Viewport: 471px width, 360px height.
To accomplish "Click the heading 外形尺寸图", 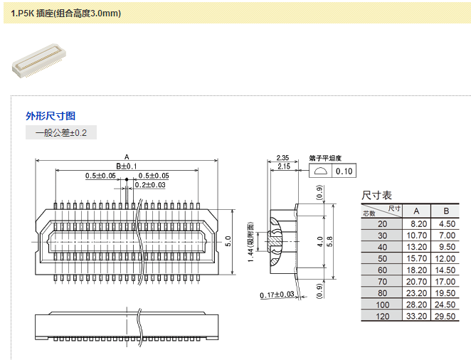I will coord(51,116).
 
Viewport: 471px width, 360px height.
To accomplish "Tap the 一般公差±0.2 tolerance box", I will coord(61,133).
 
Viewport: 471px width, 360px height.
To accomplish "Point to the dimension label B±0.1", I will coord(126,166).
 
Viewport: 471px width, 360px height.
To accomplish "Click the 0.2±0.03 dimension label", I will coord(150,185).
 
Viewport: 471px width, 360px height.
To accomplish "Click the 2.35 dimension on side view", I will coord(282,158).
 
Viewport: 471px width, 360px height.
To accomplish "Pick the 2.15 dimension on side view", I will coord(282,166).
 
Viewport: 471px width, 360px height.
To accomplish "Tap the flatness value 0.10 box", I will coord(344,171).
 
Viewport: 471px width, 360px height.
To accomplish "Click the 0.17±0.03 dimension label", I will coord(277,295).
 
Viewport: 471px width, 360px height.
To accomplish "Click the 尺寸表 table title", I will coord(376,195).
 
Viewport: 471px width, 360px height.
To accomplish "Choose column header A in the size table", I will coord(416,211).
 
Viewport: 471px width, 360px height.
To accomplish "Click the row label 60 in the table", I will coord(383,270).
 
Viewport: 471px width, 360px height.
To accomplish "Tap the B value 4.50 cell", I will coord(446,223).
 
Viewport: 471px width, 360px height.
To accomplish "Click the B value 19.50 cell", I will coord(446,292).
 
